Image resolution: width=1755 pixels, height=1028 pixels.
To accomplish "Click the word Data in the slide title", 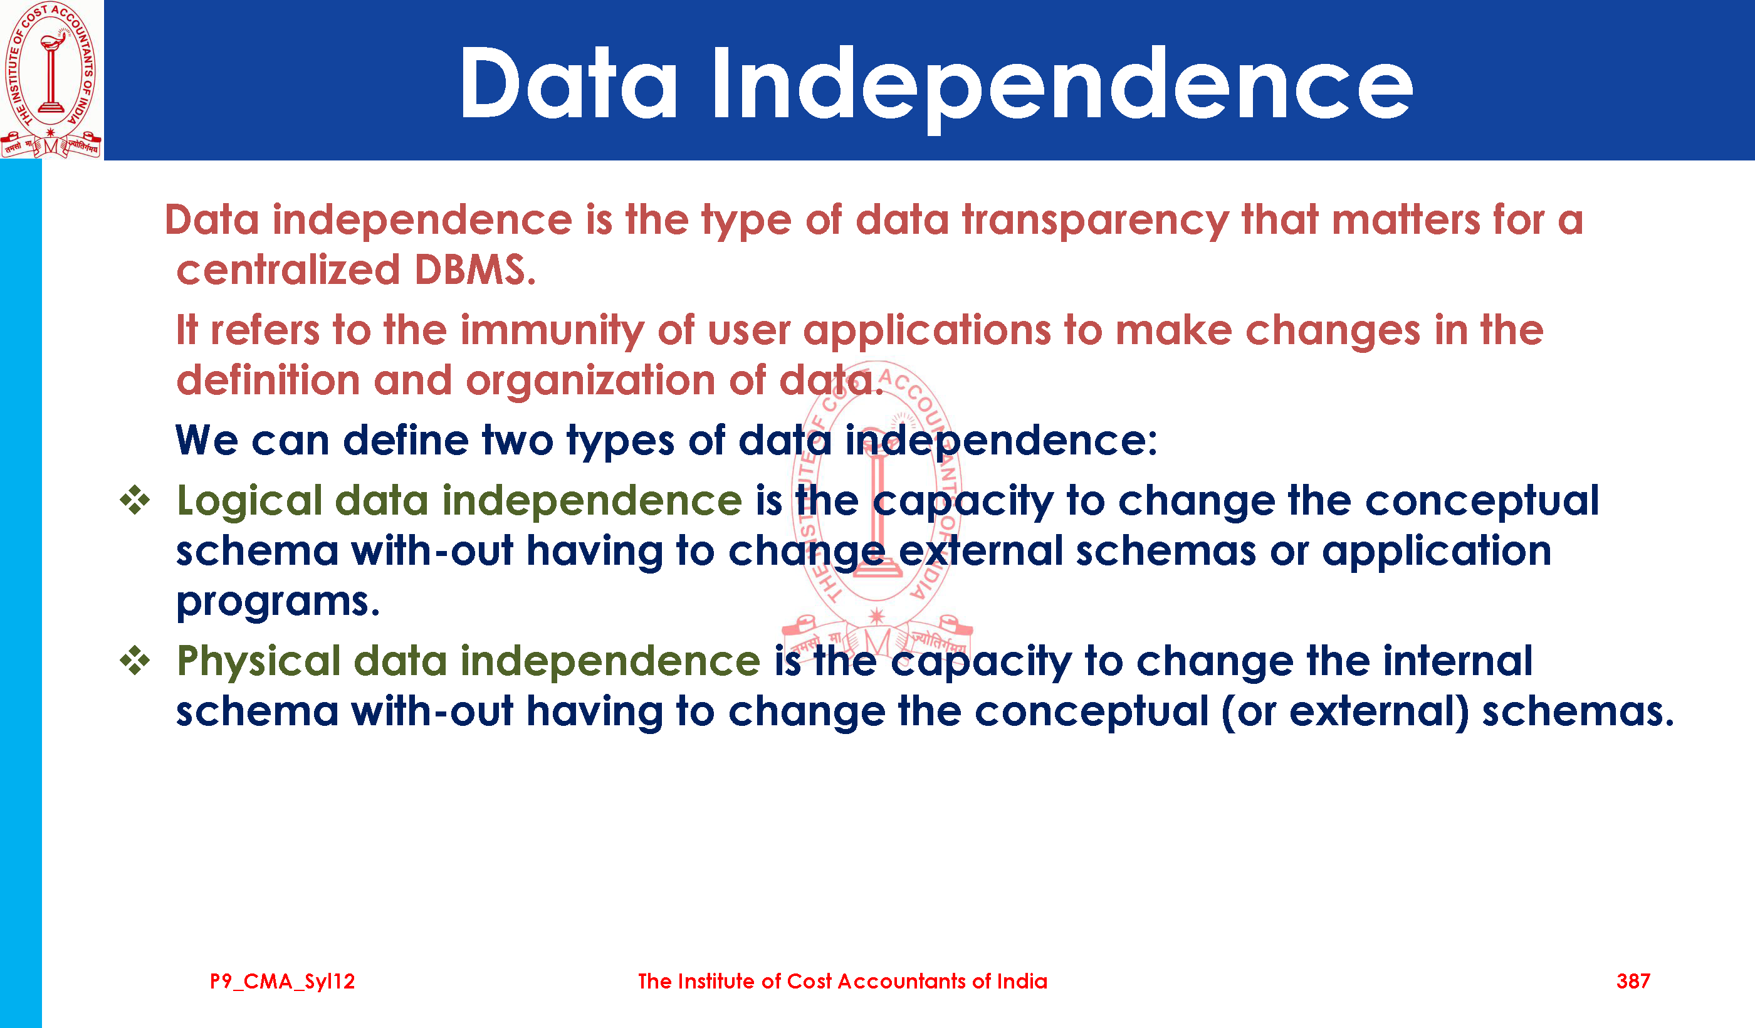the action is pyautogui.click(x=568, y=83).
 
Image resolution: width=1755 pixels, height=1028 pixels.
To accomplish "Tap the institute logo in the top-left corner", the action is pyautogui.click(x=51, y=80).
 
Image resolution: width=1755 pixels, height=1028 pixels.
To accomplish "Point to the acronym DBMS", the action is pyautogui.click(x=475, y=270).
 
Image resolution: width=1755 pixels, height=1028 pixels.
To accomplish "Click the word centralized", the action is pyautogui.click(x=288, y=270).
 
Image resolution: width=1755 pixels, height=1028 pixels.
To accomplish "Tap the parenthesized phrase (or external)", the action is pyautogui.click(x=1345, y=713).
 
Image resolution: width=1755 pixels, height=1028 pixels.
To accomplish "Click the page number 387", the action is pyautogui.click(x=1633, y=982).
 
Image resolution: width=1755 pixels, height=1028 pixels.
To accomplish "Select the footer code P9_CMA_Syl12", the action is pyautogui.click(x=282, y=982).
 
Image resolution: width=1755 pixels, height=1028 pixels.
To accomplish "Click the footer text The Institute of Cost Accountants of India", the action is pyautogui.click(x=842, y=982).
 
